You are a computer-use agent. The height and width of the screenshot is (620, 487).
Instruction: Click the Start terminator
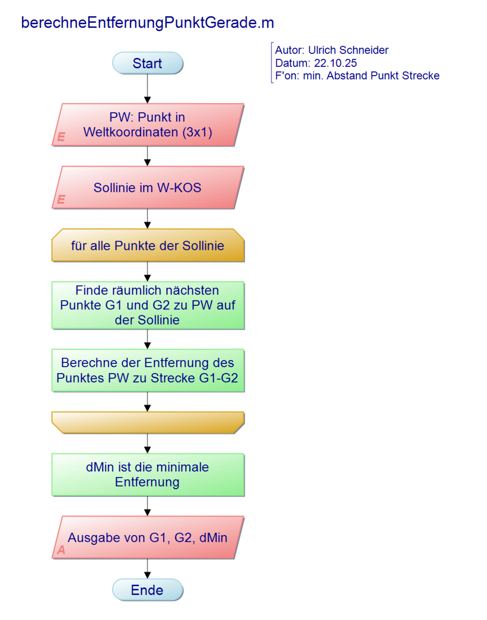pos(148,63)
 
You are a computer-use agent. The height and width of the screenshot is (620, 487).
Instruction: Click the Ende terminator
pos(148,590)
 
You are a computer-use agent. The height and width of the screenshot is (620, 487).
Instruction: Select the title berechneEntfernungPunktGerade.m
pos(147,23)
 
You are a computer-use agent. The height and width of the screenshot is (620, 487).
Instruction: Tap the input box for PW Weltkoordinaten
pos(148,125)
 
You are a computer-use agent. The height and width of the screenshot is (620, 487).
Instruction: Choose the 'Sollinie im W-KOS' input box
pos(148,187)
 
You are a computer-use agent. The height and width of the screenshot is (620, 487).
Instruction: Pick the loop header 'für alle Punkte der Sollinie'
pos(148,245)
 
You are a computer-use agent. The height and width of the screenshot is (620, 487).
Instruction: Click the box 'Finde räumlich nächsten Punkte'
pos(148,305)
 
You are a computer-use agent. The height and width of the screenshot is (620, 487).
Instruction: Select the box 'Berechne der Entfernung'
pos(148,370)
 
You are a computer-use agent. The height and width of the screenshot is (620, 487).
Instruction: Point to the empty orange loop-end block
pos(148,422)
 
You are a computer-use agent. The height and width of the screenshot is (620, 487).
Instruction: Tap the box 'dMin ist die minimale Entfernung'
pos(148,475)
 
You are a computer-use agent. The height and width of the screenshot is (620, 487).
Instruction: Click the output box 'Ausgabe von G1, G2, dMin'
pos(148,537)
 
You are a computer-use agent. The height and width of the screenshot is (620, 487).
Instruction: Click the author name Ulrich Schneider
pos(348,50)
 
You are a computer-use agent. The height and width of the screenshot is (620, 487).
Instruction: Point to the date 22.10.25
pos(335,63)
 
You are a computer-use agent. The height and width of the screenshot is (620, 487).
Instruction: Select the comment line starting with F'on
pos(357,76)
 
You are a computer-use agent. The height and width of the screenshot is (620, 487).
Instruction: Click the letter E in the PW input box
pos(61,137)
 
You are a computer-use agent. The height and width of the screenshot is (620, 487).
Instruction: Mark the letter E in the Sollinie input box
pos(61,200)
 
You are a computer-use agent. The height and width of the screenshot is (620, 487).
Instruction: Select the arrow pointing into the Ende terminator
pos(148,569)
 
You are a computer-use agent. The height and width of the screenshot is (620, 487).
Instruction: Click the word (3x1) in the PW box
pos(197,131)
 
